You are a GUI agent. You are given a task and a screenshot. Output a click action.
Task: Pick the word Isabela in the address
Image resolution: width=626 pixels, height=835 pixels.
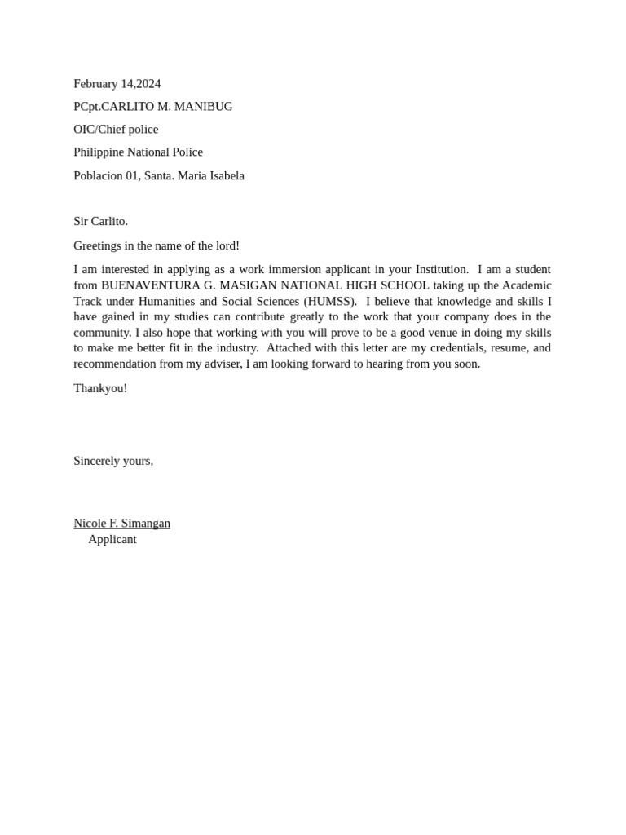(225, 175)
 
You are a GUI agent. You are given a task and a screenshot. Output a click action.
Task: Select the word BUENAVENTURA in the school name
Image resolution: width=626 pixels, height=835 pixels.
(144, 285)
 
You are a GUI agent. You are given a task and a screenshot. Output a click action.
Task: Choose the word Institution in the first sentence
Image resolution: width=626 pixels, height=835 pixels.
(442, 270)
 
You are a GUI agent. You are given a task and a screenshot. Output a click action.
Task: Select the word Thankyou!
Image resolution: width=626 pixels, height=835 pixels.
(100, 388)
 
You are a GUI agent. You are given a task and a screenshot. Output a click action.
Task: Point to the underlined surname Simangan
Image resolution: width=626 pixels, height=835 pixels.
(146, 524)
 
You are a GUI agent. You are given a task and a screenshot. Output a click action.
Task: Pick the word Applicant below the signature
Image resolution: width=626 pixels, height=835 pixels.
(112, 539)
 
